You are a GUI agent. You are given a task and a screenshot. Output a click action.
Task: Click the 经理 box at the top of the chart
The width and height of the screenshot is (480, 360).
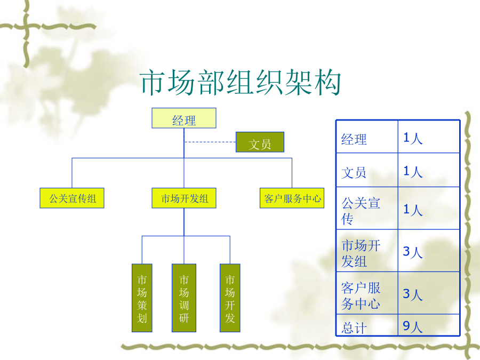pyautogui.click(x=184, y=118)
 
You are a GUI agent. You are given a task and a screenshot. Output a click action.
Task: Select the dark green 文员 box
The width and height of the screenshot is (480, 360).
pyautogui.click(x=260, y=142)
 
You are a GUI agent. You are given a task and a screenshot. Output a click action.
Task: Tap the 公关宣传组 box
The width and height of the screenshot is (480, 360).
pyautogui.click(x=72, y=198)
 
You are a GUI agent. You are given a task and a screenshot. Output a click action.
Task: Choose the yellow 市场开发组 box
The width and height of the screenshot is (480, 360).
pyautogui.click(x=184, y=198)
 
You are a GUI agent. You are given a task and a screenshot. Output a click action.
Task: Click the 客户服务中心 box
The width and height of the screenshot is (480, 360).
pyautogui.click(x=292, y=198)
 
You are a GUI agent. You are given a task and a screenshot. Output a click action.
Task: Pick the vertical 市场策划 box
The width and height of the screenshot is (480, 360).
pyautogui.click(x=142, y=298)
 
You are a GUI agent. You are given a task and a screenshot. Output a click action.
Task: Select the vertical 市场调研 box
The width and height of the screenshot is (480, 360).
pyautogui.click(x=184, y=298)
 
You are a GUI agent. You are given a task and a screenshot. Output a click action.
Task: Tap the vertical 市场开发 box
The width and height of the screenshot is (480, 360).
pyautogui.click(x=230, y=298)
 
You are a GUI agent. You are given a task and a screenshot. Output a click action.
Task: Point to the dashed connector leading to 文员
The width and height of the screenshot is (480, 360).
pyautogui.click(x=210, y=142)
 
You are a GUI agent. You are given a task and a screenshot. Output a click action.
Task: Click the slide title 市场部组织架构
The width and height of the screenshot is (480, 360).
pyautogui.click(x=241, y=82)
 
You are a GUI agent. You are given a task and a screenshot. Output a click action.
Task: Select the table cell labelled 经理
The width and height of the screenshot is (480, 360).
pyautogui.click(x=367, y=137)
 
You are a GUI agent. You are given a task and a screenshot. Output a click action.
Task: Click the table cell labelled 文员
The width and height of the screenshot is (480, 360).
pyautogui.click(x=367, y=170)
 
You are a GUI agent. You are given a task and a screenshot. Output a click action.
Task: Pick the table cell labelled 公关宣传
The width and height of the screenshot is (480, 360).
pyautogui.click(x=367, y=208)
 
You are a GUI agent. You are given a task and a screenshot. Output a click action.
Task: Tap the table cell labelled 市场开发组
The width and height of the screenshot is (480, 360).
pyautogui.click(x=367, y=251)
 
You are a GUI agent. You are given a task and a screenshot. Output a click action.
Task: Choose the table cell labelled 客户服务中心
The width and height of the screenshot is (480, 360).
pyautogui.click(x=367, y=293)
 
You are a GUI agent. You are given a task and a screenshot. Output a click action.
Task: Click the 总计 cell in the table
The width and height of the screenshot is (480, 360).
pyautogui.click(x=367, y=325)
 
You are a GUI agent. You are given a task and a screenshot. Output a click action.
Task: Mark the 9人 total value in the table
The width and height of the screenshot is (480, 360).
pyautogui.click(x=413, y=326)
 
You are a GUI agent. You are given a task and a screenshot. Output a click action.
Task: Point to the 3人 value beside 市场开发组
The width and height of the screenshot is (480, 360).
pyautogui.click(x=413, y=252)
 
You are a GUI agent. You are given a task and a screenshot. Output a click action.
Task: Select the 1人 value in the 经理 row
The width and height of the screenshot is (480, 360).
pyautogui.click(x=413, y=138)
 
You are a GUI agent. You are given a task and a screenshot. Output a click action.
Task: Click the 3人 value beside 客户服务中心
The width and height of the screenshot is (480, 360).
pyautogui.click(x=413, y=294)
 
